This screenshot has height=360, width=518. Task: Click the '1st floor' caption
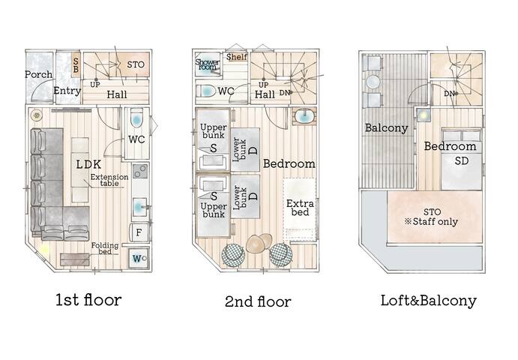point(88,300)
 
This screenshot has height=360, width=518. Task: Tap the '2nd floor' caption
point(258,301)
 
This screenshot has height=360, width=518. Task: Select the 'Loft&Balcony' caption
point(428,301)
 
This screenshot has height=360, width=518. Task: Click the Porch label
point(38,74)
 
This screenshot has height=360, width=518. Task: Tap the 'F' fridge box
point(139,232)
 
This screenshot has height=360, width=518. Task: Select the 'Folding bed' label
point(104,248)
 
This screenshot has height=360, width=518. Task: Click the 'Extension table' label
point(109,181)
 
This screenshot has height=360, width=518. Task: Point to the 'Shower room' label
point(206,64)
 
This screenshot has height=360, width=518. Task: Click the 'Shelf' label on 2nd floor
point(237,56)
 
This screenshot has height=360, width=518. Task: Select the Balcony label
point(386,127)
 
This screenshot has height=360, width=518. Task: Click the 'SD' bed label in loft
point(462,160)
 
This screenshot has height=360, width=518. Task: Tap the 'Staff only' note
point(433,222)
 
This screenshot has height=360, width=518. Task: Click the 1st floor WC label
point(136,139)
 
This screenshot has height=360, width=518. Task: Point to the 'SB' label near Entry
point(76,64)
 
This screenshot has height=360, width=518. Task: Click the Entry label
point(67,91)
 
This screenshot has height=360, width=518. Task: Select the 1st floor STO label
point(136,64)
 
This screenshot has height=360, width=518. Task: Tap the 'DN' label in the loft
point(449,94)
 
